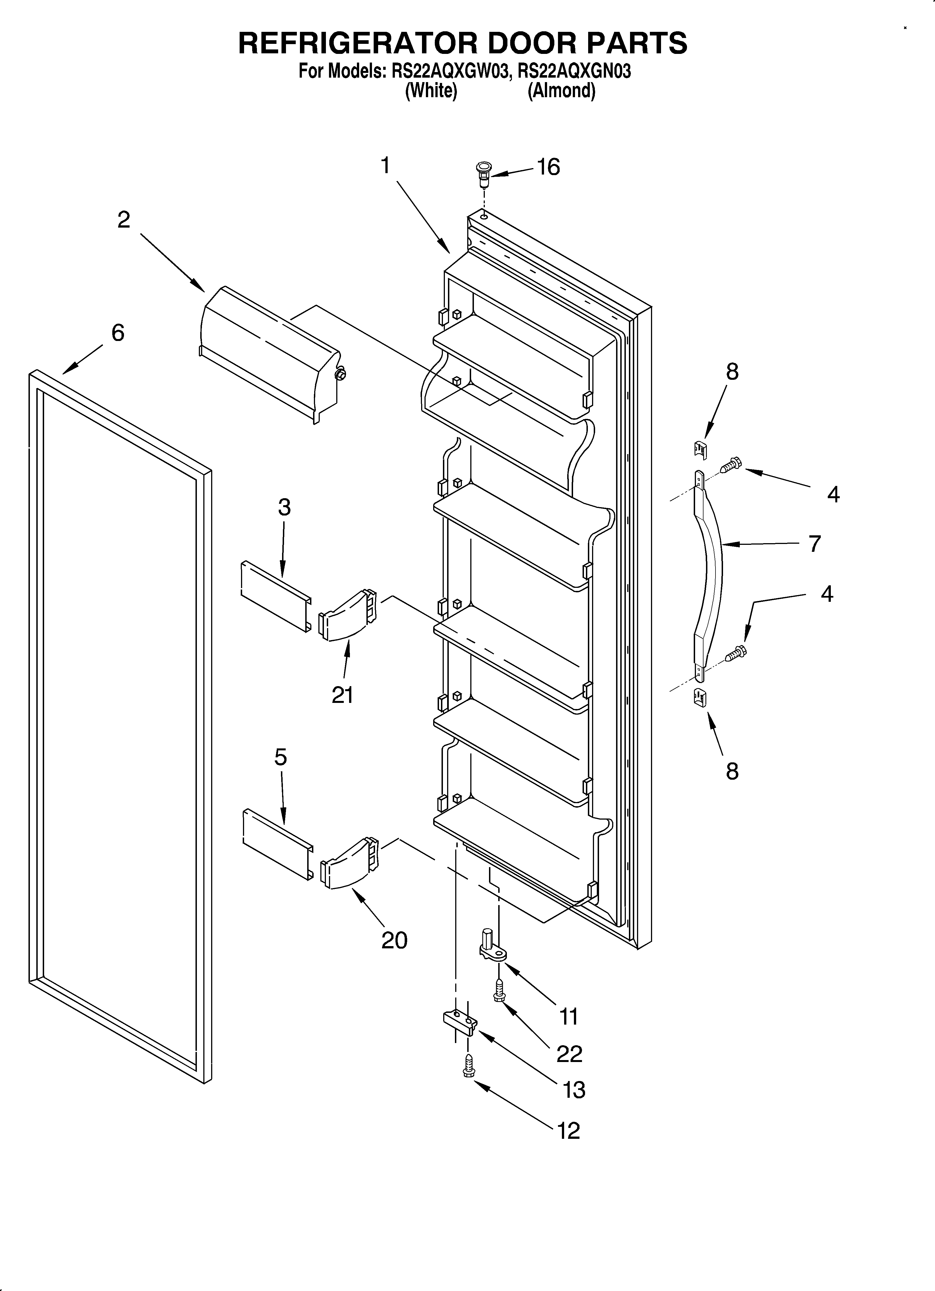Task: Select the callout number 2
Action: pyautogui.click(x=123, y=219)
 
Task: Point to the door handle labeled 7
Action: pyautogui.click(x=709, y=575)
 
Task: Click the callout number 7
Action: pyautogui.click(x=815, y=544)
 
